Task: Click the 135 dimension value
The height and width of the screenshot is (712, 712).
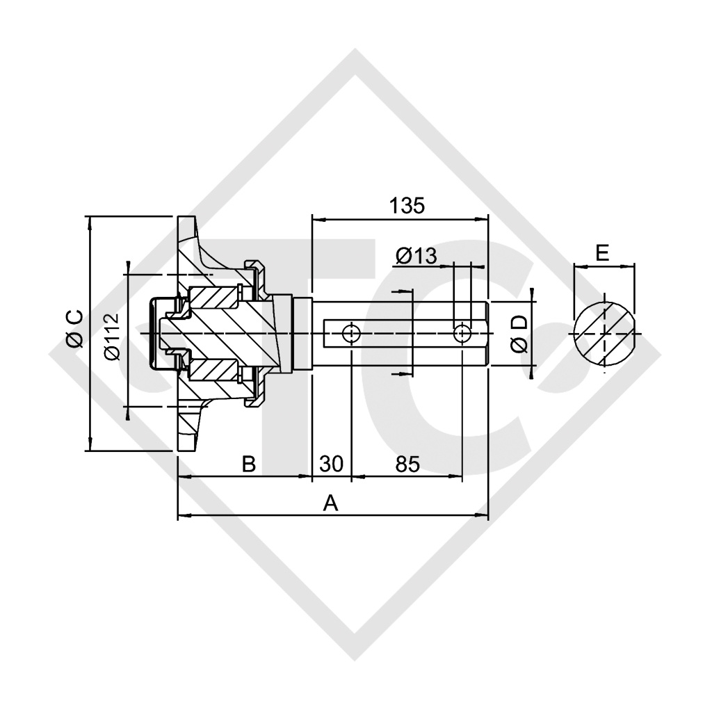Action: tap(407, 206)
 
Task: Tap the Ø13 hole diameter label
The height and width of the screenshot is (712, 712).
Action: tap(416, 256)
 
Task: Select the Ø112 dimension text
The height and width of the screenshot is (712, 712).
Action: tap(113, 337)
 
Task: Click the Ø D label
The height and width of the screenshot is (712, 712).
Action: tap(519, 333)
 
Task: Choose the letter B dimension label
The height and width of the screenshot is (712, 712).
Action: tap(248, 464)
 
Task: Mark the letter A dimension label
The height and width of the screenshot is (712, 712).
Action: tap(330, 503)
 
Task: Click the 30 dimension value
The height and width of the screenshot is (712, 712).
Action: tap(332, 464)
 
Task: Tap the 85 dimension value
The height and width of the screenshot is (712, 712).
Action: tap(407, 464)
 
